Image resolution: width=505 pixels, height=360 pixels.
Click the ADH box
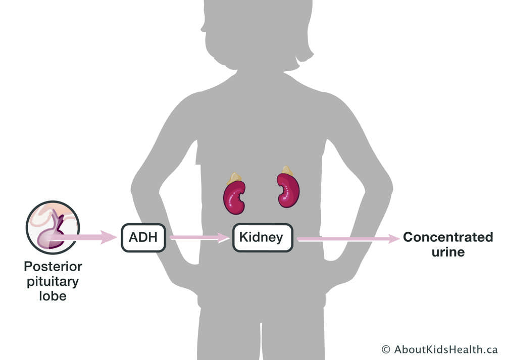(x=143, y=237)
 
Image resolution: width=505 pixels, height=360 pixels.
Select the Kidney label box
(x=263, y=237)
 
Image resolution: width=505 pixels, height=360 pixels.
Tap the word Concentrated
(x=448, y=237)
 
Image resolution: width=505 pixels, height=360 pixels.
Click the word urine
(x=448, y=251)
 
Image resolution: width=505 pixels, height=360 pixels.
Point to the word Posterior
(x=53, y=266)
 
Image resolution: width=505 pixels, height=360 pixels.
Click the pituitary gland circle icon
(x=53, y=227)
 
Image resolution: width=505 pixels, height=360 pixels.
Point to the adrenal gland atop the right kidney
(x=287, y=170)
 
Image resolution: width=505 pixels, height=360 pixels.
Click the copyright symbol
(x=386, y=349)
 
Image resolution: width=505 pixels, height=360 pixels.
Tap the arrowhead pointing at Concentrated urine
(x=394, y=239)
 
